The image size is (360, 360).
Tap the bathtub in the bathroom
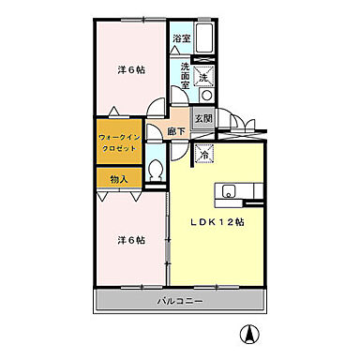pos(207,39)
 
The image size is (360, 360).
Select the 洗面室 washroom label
pos(185,74)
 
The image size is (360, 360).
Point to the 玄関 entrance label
pos(203,118)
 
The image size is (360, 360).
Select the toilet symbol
pos(158,172)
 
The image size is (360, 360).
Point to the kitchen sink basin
pos(228,193)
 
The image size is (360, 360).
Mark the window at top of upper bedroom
pos(130,18)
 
